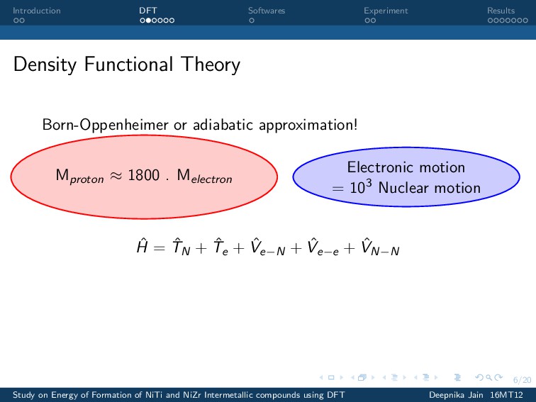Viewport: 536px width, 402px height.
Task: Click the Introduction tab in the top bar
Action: (x=37, y=11)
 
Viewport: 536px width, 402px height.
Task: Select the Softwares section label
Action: (x=267, y=11)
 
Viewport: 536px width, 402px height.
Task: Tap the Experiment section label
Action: (x=386, y=11)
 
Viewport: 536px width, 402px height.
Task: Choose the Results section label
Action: (x=501, y=11)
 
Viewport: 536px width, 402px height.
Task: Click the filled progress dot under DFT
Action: (x=148, y=21)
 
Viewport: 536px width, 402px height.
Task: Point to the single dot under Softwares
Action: (x=252, y=21)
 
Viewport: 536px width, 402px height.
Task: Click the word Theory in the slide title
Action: (x=211, y=65)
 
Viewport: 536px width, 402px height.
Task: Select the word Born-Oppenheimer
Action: (x=105, y=125)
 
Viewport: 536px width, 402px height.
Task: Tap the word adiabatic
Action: (x=223, y=125)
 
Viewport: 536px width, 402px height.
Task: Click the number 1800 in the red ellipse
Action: (x=143, y=175)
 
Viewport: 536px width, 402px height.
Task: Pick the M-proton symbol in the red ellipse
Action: (x=79, y=177)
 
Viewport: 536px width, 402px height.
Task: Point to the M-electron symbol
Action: (x=204, y=177)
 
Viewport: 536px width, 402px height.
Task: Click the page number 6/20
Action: (x=522, y=380)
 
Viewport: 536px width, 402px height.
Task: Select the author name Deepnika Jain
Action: (x=456, y=395)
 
